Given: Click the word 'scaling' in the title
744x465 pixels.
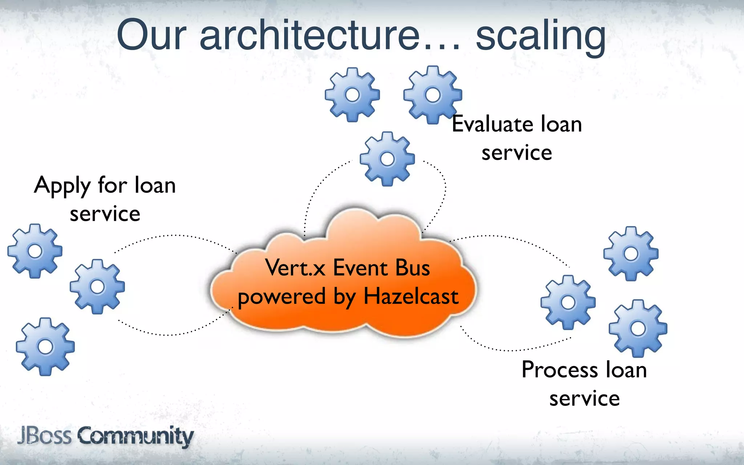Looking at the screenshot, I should pos(540,36).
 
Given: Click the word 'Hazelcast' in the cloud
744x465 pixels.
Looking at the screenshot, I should pos(411,296).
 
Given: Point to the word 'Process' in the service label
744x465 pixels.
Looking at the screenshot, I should pos(559,370).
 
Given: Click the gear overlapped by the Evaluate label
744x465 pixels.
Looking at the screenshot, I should pos(432,95).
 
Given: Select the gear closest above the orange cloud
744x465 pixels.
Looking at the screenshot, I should pos(387,159).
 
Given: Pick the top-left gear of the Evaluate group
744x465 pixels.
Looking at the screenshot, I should pos(352,94).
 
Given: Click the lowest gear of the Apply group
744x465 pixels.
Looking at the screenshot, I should pos(45,346).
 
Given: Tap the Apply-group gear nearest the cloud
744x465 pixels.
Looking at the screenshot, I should pos(97,287).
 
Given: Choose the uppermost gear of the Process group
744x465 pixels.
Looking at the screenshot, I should pos(631,254).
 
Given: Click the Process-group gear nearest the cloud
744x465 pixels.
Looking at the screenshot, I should pos(568,302).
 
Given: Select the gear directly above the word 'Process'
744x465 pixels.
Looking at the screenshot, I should pos(638,328).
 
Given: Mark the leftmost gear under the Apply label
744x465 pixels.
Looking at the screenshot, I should pos(35,251).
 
